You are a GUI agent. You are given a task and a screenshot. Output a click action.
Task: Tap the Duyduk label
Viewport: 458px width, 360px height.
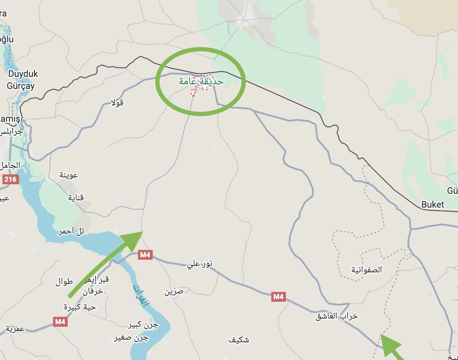(x=22, y=74)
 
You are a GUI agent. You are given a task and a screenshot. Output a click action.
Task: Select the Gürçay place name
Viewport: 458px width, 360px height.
(x=20, y=85)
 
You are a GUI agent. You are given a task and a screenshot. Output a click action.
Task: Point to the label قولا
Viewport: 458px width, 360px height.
(x=118, y=103)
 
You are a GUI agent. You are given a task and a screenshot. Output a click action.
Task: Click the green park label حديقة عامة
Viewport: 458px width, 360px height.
(x=201, y=81)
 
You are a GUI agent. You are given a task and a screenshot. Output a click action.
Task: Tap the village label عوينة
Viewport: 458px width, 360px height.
(x=69, y=175)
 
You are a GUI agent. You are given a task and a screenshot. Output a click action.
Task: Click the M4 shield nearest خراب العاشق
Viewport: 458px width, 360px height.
(x=278, y=297)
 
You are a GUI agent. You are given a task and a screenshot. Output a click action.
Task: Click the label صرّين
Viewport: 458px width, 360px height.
(x=174, y=291)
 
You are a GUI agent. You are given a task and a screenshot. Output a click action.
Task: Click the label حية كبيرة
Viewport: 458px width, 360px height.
(x=80, y=307)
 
